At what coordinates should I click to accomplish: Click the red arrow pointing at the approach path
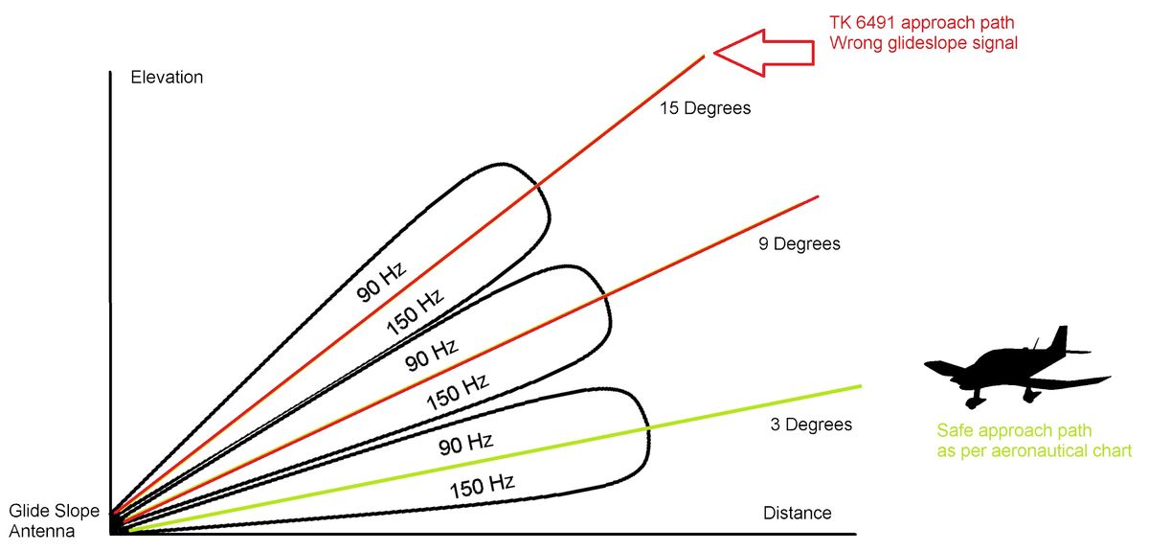click(x=763, y=53)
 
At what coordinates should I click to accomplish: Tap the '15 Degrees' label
click(x=706, y=108)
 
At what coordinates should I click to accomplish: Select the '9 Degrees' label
click(x=800, y=243)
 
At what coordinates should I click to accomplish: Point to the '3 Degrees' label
click(x=811, y=425)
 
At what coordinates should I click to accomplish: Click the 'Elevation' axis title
click(x=167, y=77)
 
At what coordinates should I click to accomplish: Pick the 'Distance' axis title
click(x=797, y=513)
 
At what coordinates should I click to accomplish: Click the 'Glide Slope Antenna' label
click(x=54, y=520)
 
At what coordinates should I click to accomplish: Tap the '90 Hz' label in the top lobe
click(x=381, y=282)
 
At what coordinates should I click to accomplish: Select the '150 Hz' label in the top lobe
click(x=415, y=311)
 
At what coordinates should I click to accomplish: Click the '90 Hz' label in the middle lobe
click(x=431, y=355)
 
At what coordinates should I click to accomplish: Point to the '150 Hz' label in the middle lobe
click(x=458, y=392)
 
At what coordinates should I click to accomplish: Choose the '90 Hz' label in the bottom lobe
click(x=465, y=445)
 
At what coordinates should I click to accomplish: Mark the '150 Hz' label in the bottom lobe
click(x=483, y=486)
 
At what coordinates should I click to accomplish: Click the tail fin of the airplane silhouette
click(x=1060, y=339)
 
